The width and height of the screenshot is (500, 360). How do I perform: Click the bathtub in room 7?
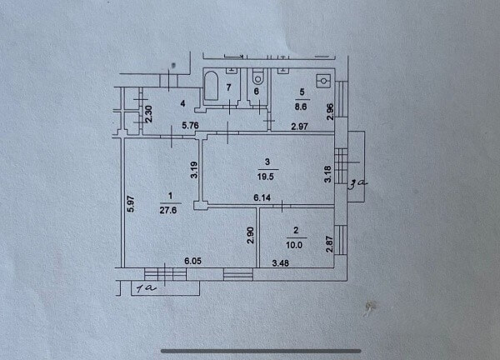point(212,86)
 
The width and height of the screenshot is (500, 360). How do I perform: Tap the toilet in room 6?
point(258,77)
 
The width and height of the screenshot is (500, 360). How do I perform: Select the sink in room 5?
point(323,81)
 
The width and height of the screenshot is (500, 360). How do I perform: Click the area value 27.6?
point(168,211)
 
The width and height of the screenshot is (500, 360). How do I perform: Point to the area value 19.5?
point(266,177)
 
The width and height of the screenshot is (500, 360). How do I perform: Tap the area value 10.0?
point(294,245)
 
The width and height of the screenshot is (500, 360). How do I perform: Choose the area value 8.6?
point(301,107)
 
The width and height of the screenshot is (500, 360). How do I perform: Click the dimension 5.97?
point(131,204)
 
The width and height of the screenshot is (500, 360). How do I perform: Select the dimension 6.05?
point(193,261)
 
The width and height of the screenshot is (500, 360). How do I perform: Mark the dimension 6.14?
point(262,197)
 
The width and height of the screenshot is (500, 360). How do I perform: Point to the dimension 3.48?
point(281,263)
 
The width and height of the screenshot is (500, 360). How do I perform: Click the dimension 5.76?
point(190,125)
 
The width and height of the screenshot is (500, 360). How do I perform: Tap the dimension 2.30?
point(149,114)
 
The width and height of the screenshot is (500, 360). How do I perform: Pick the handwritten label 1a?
point(146,288)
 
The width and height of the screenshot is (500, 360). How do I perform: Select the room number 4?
point(182,103)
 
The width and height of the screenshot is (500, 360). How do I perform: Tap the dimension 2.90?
point(251,235)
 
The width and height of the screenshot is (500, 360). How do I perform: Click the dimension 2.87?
point(330,244)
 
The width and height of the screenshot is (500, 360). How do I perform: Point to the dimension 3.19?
point(194,170)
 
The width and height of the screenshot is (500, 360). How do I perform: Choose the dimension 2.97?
point(300,127)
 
